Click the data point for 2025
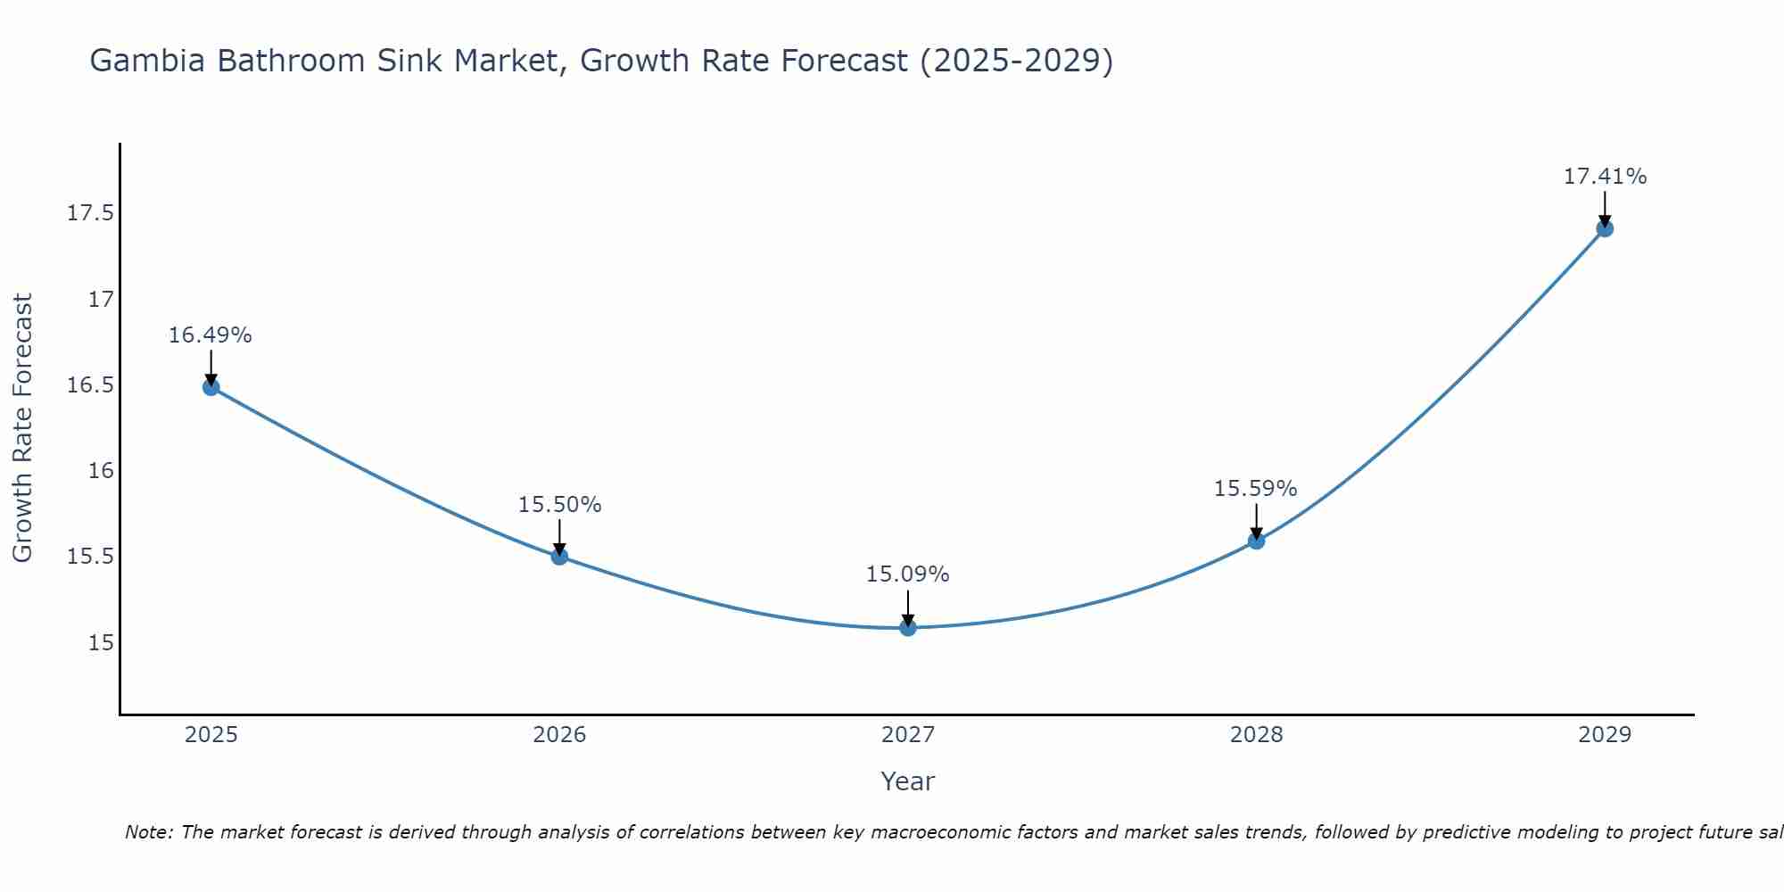point(211,386)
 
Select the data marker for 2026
point(559,557)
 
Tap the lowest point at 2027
point(908,627)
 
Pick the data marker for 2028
point(1256,541)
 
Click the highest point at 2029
point(1605,228)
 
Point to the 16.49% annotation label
point(211,335)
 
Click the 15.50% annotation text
point(559,505)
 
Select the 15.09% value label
point(908,574)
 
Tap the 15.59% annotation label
point(1256,489)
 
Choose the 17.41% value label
point(1605,177)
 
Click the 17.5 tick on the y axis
point(91,213)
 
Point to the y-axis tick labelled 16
point(101,470)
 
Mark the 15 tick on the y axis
point(101,642)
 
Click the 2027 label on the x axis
point(908,735)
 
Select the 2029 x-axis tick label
point(1605,735)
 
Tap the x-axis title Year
point(908,781)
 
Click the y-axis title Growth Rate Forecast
point(22,428)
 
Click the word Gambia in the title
point(149,61)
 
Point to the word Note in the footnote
point(149,832)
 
